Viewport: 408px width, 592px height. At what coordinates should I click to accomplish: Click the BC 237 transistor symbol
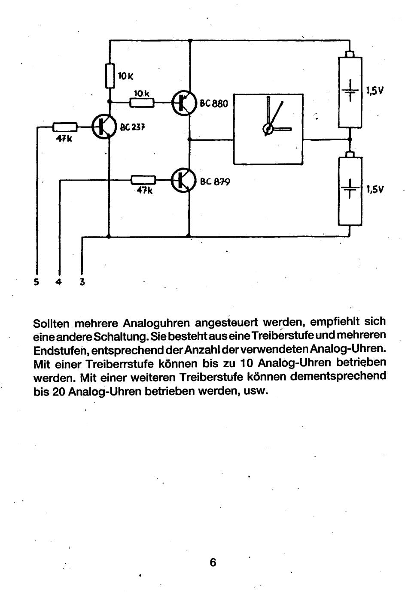pos(104,126)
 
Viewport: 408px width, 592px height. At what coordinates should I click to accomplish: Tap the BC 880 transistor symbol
pos(184,103)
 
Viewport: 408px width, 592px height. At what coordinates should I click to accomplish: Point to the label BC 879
pos(215,181)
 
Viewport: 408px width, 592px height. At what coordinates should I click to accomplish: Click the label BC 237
pos(133,127)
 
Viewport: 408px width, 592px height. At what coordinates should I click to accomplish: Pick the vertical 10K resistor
pos(110,76)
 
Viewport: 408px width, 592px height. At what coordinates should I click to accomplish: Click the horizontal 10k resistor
pos(142,103)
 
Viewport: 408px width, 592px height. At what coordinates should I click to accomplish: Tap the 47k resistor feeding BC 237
pos(65,127)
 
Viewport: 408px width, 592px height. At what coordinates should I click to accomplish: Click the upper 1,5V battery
pos(350,91)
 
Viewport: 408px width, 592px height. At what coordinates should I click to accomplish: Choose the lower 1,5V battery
pos(350,190)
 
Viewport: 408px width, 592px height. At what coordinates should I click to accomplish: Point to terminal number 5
pos(37,282)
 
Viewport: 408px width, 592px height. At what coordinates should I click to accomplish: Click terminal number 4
pos(59,282)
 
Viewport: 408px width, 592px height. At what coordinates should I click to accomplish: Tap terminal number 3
pos(82,282)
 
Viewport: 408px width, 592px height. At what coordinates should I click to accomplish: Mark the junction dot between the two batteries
pos(350,139)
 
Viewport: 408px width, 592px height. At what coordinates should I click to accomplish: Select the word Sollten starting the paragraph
pos(51,322)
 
